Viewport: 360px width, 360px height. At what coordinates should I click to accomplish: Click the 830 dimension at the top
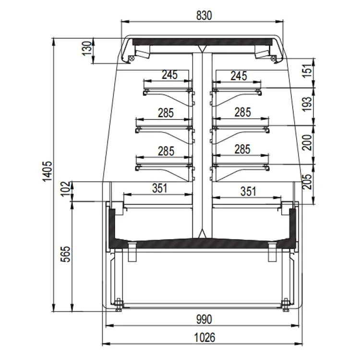204,16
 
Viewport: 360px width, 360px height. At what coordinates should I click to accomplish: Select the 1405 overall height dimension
48,171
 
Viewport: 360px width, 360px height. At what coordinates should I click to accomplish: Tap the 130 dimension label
87,48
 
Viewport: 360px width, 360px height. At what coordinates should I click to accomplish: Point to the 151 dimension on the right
307,70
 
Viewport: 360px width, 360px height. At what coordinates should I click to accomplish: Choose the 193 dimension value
307,104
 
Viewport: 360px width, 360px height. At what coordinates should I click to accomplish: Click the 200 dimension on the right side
307,143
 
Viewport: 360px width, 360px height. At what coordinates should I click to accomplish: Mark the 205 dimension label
307,181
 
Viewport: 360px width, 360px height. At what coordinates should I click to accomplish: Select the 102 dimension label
65,189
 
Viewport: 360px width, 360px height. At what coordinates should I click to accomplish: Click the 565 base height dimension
65,254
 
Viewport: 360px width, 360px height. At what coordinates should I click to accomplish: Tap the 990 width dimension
204,319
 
